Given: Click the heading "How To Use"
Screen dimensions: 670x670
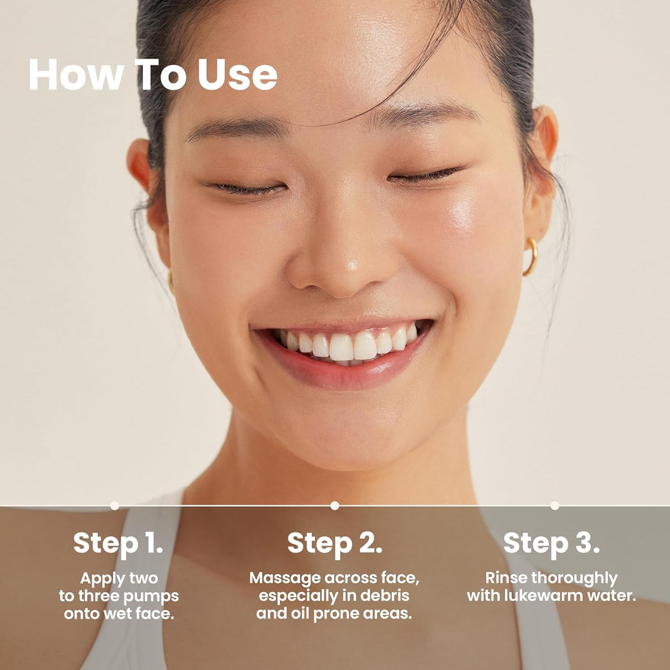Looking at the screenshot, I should point(152,75).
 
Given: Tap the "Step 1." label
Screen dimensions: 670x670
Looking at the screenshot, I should point(118,543).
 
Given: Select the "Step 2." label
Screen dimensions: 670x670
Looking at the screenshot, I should point(334,543).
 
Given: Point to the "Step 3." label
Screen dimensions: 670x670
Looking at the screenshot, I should point(551,543).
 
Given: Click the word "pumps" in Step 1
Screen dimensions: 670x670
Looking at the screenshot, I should point(151,597).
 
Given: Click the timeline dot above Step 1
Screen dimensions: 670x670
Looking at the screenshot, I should point(115,505).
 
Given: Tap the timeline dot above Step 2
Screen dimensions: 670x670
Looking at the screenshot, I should point(334,505).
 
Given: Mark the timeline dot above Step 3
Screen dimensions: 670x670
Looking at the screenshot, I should point(555,505).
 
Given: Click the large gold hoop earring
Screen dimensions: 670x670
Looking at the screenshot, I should point(531,257).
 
